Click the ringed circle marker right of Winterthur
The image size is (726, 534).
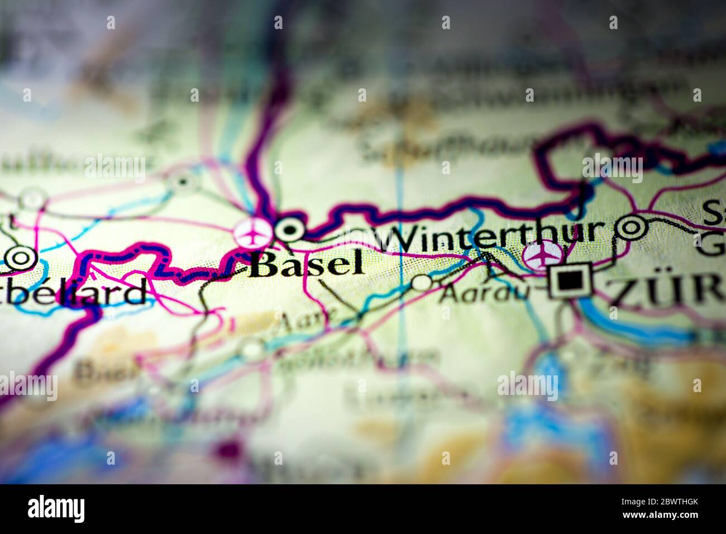tap(631, 227)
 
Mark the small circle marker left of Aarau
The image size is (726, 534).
tap(422, 283)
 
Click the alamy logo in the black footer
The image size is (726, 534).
tap(56, 509)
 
